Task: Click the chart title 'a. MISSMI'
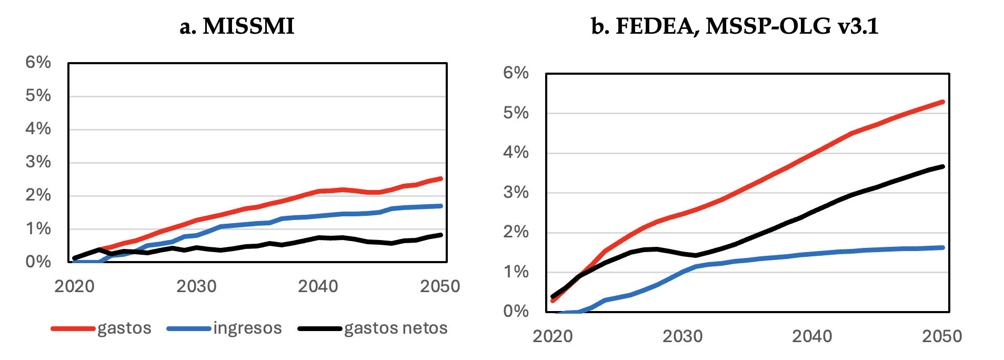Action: tap(237, 26)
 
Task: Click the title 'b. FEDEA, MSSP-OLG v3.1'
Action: tap(735, 26)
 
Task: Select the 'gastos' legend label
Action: tap(124, 328)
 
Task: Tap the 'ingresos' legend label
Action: tap(247, 328)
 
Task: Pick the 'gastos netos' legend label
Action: tap(396, 328)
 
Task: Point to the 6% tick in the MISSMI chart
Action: tap(38, 62)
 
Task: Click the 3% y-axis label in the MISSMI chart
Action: tap(38, 162)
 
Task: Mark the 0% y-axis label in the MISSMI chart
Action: tap(38, 262)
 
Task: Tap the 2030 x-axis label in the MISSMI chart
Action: tap(196, 286)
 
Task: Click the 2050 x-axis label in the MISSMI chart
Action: tap(440, 286)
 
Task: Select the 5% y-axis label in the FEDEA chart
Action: tap(516, 113)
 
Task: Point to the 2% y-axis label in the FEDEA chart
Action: tap(516, 232)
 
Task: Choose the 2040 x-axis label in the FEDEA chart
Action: tap(812, 336)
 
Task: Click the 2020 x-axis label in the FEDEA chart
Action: tap(553, 336)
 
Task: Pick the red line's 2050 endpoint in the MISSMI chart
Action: tap(440, 178)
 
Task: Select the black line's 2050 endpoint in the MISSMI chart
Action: tap(440, 235)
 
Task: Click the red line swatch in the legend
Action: tap(73, 329)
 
